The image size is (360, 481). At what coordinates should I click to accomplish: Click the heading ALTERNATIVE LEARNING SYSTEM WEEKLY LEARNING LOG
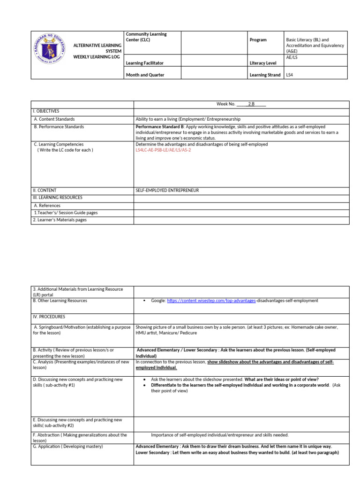97,51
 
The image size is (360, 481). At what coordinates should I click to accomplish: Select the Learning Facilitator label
145,62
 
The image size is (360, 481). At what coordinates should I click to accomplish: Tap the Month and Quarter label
145,75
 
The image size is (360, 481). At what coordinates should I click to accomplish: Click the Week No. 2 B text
241,104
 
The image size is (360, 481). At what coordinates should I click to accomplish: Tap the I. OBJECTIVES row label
46,111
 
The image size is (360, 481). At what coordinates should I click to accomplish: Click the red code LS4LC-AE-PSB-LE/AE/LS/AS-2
163,150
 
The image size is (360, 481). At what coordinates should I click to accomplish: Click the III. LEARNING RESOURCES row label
57,198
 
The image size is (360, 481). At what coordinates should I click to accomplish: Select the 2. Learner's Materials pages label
60,220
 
